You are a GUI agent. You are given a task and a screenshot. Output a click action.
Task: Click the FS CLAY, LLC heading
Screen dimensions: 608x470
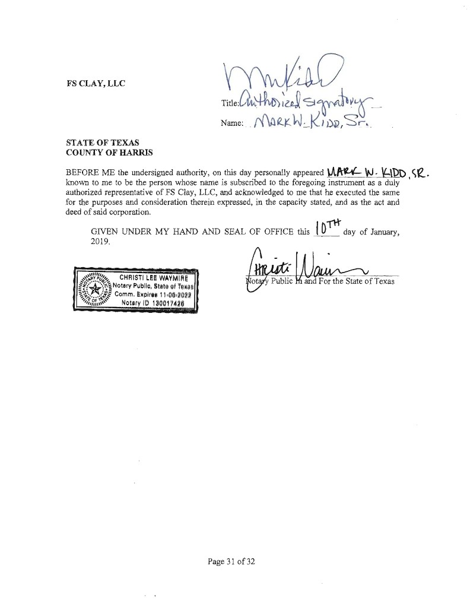(96, 84)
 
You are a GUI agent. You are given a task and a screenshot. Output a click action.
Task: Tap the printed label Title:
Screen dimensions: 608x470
(229, 103)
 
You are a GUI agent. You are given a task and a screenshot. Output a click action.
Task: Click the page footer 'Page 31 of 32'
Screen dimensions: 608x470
(231, 561)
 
